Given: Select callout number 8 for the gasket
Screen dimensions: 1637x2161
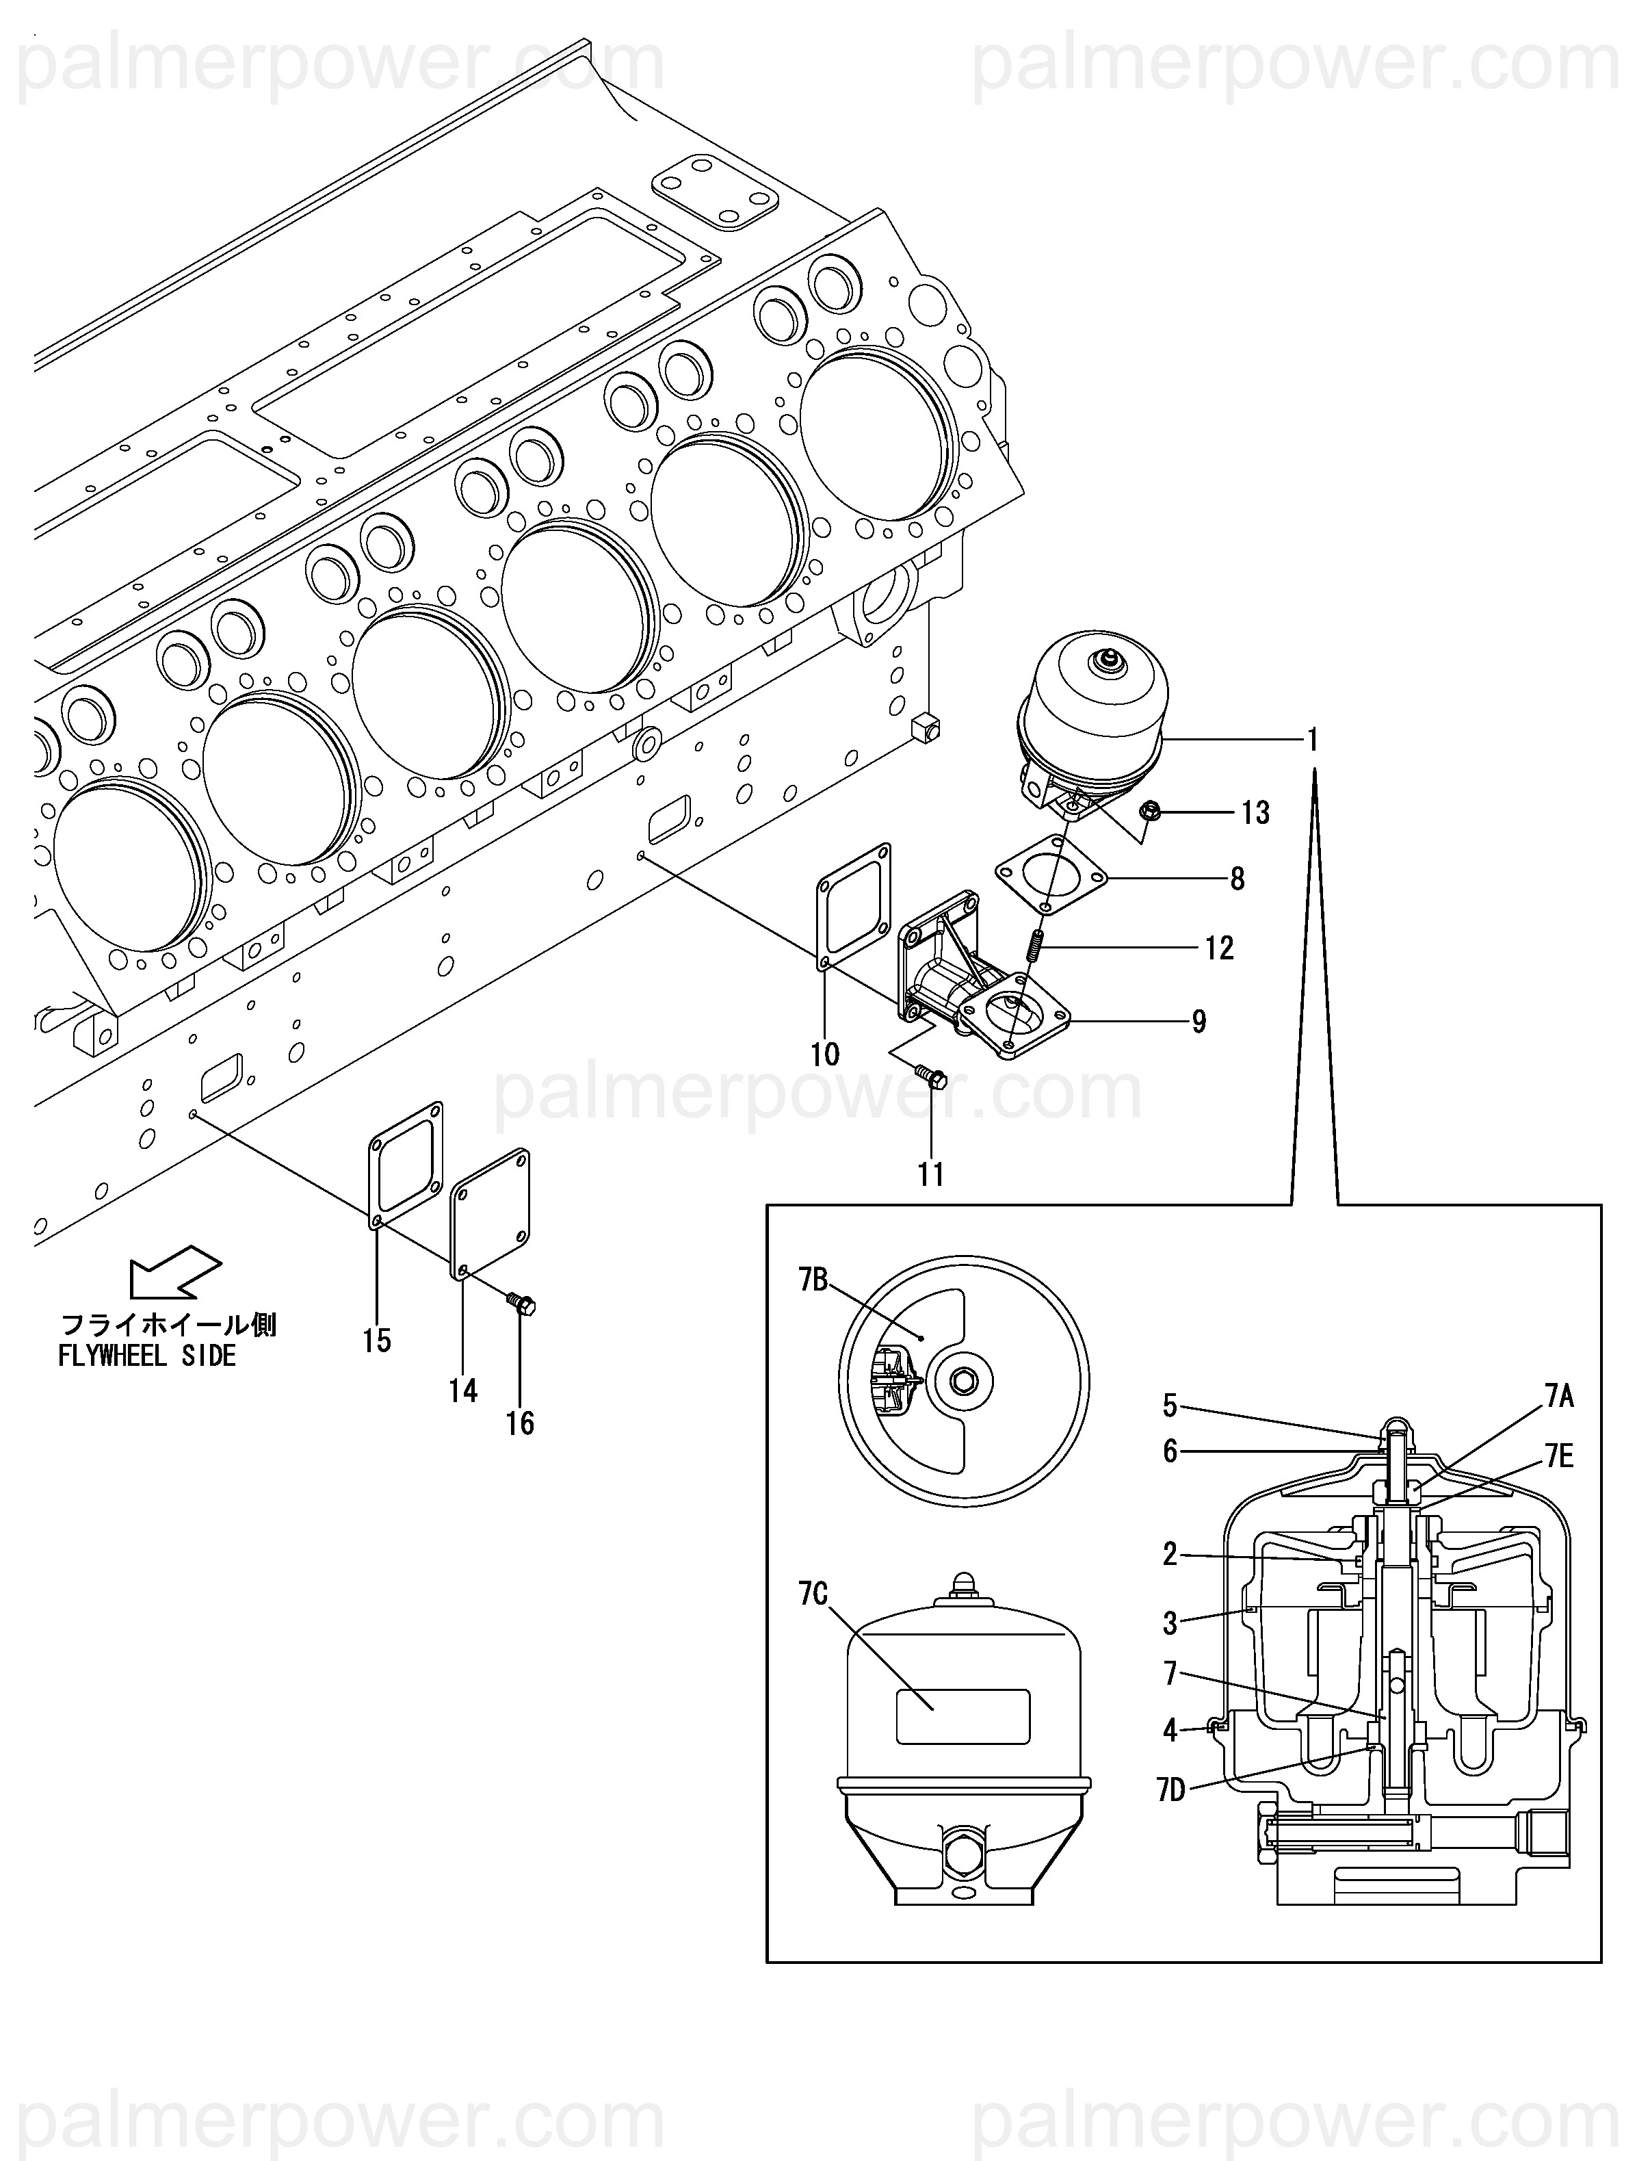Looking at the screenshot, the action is tap(1237, 879).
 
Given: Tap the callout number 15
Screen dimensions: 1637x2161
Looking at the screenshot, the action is tap(377, 1341).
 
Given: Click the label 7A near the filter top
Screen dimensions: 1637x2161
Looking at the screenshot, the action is tap(1559, 1398).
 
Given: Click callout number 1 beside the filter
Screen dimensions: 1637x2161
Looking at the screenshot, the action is tap(1313, 740).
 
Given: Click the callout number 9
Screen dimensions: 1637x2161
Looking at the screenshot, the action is tap(1199, 1022).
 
